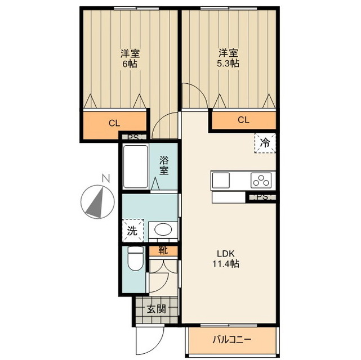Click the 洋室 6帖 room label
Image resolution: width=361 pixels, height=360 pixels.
[x=130, y=58]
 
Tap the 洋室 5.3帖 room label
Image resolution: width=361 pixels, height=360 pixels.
[x=228, y=58]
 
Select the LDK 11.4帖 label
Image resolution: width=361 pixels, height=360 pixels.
[x=226, y=259]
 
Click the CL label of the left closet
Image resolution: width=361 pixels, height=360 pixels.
[x=114, y=123]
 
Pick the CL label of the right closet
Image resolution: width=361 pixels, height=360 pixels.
[x=243, y=120]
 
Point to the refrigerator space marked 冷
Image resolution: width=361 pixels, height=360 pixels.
[x=265, y=143]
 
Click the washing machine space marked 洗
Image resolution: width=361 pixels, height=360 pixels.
[x=133, y=231]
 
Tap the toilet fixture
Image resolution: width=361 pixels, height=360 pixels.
[x=135, y=259]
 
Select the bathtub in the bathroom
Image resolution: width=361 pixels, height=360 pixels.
[x=135, y=166]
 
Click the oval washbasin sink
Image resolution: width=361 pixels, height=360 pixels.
[x=163, y=229]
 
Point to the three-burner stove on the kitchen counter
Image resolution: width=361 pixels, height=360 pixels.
[x=261, y=180]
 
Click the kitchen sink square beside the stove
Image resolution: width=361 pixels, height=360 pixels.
[x=221, y=181]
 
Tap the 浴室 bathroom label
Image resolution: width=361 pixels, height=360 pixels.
[x=164, y=165]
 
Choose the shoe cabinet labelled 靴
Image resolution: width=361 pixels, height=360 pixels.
[x=163, y=251]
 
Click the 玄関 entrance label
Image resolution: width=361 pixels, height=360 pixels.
[x=157, y=309]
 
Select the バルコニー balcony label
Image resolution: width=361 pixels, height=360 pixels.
[x=231, y=340]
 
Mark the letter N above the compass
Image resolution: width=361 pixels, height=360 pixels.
[x=106, y=178]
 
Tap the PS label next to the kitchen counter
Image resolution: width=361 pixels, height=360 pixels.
[x=262, y=197]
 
